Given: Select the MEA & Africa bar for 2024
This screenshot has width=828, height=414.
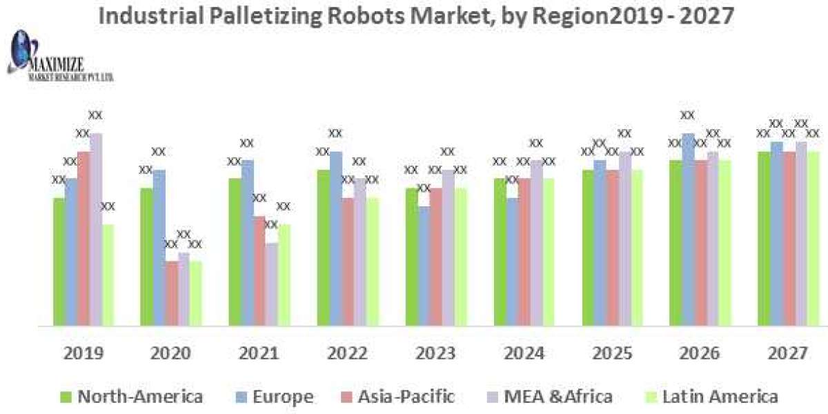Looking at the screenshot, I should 537,242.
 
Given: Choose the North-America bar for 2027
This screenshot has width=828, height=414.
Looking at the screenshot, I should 764,238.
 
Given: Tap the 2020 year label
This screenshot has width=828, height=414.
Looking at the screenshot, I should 171,353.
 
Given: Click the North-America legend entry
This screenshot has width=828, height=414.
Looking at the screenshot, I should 132,397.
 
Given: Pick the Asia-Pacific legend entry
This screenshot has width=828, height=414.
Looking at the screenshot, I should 396,397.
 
